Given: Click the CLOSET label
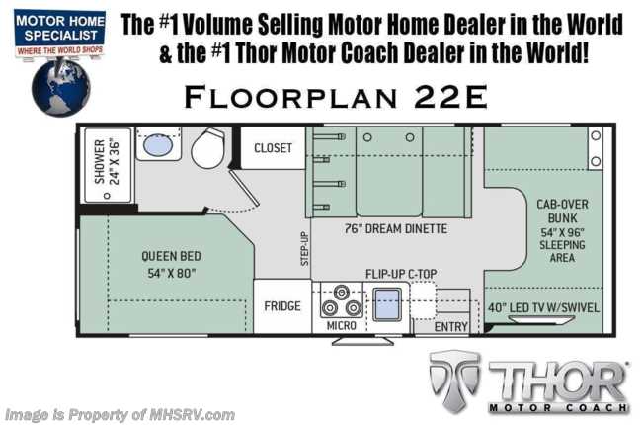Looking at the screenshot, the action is [273, 148].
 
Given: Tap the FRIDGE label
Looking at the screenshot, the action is [282, 306].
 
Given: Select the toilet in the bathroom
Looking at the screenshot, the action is [208, 148].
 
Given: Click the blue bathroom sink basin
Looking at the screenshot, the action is [158, 145].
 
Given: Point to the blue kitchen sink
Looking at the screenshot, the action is [387, 304].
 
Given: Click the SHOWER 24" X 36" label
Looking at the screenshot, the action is [107, 162].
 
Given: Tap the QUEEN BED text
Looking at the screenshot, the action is [171, 256].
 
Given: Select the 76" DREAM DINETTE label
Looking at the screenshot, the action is [396, 228].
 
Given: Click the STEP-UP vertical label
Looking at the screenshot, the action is [304, 249].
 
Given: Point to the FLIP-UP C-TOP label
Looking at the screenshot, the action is [401, 274].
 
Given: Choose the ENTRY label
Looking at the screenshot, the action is [450, 326].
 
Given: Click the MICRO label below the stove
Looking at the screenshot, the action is [341, 325].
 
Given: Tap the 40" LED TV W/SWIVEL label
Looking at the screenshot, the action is [543, 307].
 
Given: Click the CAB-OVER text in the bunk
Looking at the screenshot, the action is [562, 204].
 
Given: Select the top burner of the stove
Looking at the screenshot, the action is [341, 293].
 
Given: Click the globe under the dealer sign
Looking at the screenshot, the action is [60, 88].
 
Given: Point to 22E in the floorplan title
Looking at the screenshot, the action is [450, 97].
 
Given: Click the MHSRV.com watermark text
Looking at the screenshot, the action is [192, 415].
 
